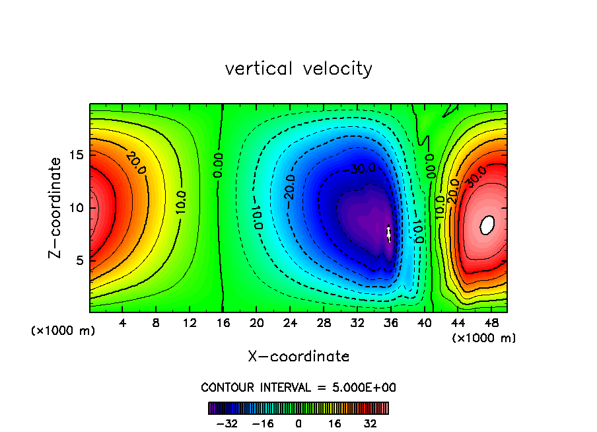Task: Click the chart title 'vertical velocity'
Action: [298, 69]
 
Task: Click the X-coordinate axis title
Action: [298, 357]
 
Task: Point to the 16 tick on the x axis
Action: [223, 323]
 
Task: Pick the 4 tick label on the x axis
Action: [123, 323]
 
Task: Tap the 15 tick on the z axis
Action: [75, 155]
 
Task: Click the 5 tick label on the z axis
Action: [79, 260]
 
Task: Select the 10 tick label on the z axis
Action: [75, 207]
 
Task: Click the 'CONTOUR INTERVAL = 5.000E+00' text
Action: [298, 387]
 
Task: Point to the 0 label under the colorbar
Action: [298, 423]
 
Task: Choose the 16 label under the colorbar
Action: [334, 423]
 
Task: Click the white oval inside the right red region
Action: [487, 225]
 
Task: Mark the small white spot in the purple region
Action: [389, 233]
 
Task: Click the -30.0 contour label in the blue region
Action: [362, 170]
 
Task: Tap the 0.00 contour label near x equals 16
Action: [219, 165]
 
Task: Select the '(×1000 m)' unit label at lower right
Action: [483, 338]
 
